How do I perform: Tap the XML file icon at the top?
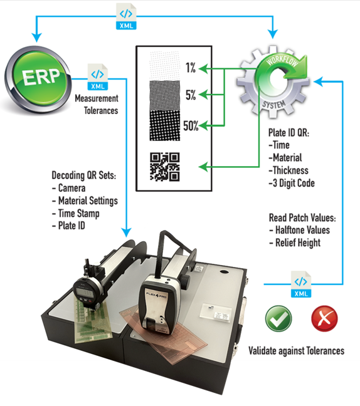tap(126, 16)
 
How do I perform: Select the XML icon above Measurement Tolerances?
tap(98, 77)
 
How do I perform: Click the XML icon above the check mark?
tap(301, 284)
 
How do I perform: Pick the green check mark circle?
tap(278, 318)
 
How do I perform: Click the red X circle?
tap(324, 318)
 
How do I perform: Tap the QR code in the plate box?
tap(165, 167)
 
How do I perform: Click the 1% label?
tap(191, 68)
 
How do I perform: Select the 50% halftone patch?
tap(165, 125)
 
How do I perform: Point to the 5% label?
tap(191, 95)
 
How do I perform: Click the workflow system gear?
tap(273, 82)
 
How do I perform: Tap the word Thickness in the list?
tap(290, 170)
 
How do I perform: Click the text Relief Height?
tap(298, 243)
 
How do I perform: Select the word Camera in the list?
tap(71, 188)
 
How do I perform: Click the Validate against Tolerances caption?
tap(296, 351)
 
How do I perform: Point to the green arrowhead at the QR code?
tap(203, 167)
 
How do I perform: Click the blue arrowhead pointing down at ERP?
tap(36, 38)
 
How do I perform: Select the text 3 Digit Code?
tap(294, 183)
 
